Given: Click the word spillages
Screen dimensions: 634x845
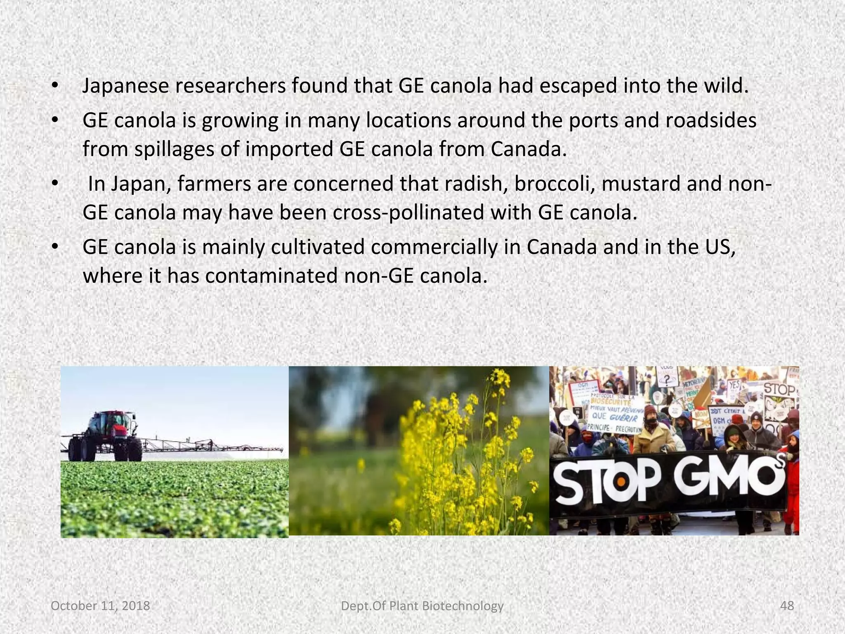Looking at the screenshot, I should point(174,149).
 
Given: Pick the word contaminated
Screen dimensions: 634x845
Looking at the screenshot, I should point(271,276).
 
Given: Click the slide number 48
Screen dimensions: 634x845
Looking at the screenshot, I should point(787,606).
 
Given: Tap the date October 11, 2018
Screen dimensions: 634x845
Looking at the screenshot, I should point(100,606).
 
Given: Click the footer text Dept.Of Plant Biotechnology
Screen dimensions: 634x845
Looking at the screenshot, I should point(422,606).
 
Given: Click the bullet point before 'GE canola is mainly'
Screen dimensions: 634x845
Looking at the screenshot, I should point(54,248).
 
